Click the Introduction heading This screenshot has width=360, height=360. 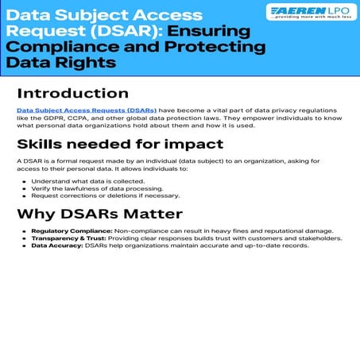(72, 93)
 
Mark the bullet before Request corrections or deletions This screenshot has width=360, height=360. (25, 195)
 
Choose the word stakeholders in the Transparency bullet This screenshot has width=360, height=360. (315, 238)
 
